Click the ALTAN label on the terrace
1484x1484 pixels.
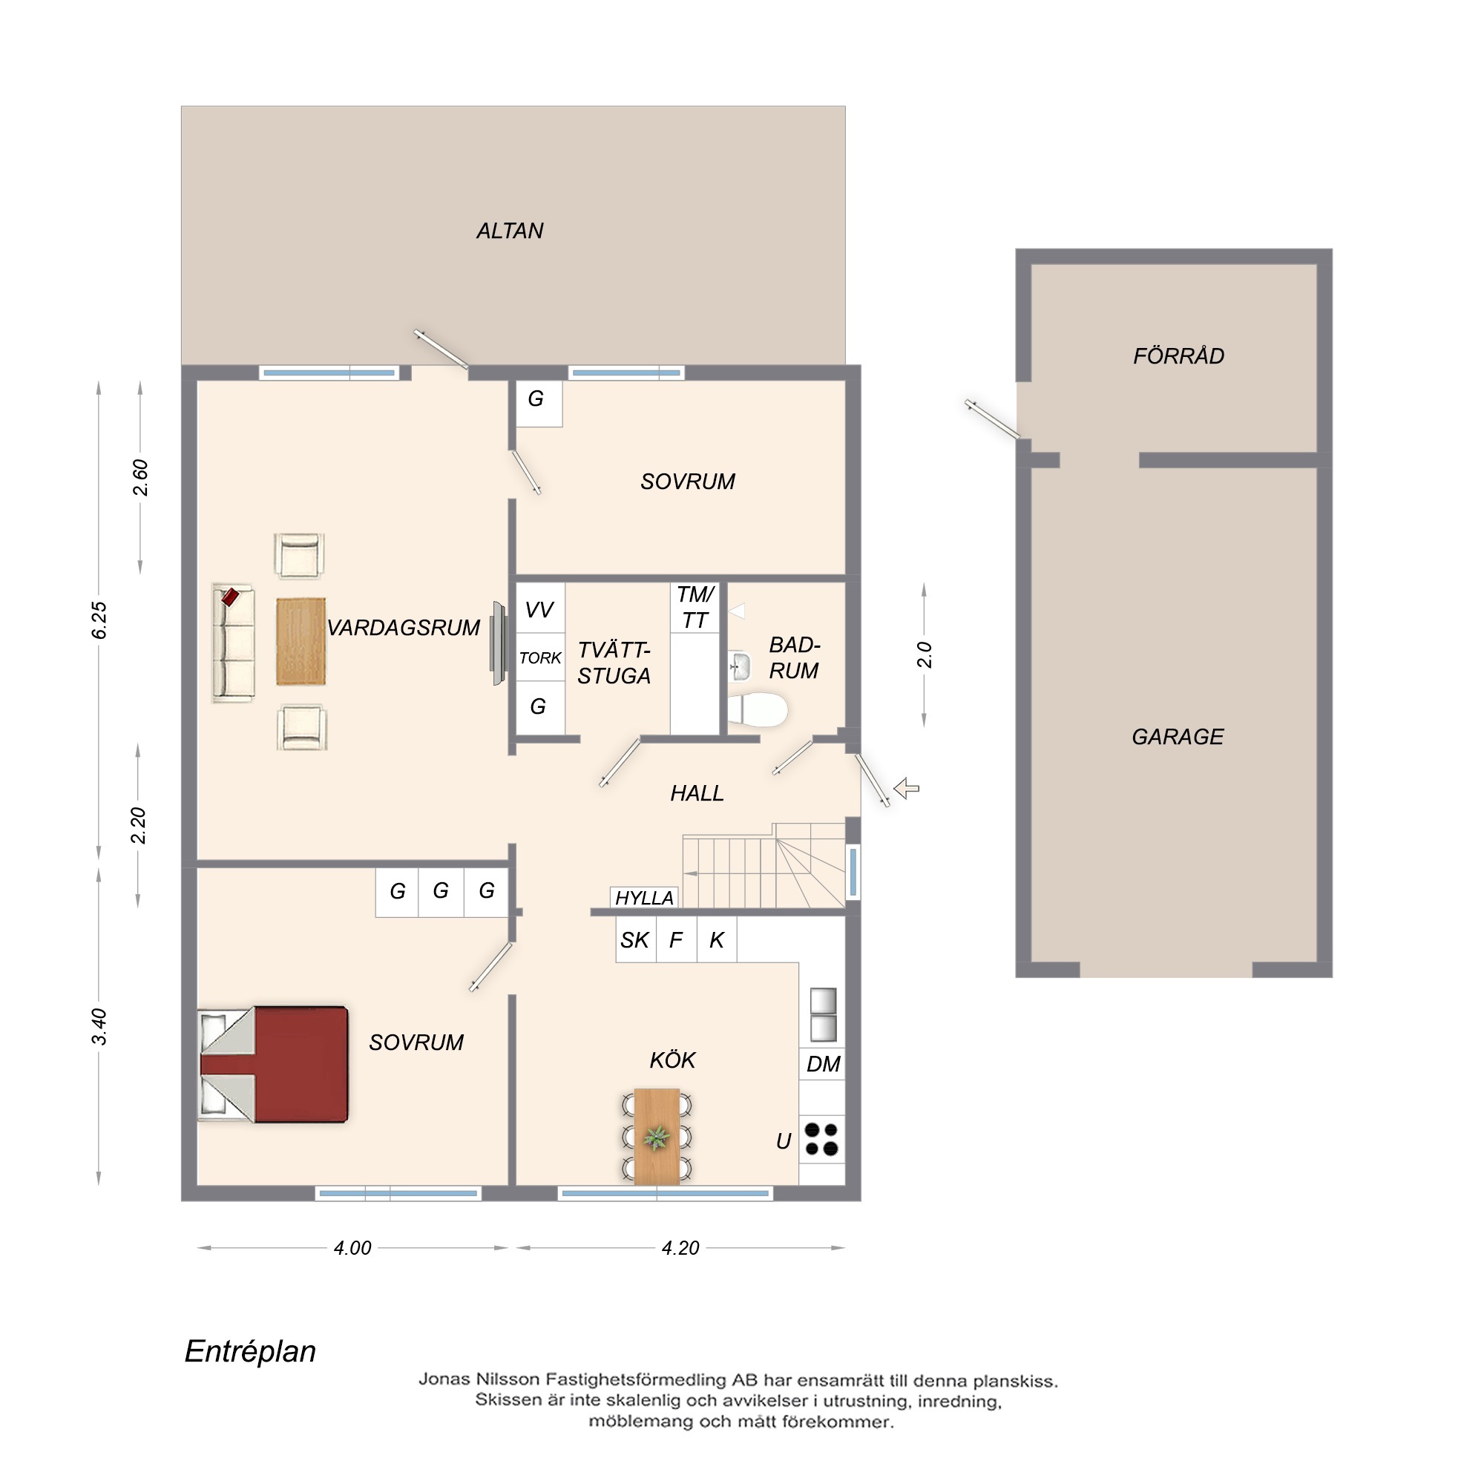coord(510,232)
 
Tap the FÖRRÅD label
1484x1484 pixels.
coord(1178,355)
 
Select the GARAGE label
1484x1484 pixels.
coord(1178,737)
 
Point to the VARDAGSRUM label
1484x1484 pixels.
coord(403,628)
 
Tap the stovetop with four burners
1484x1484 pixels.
coord(821,1139)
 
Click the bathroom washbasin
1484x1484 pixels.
coord(739,666)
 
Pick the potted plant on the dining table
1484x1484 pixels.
coord(657,1137)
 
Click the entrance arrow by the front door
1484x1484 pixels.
coord(907,788)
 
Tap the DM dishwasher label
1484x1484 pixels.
coord(823,1064)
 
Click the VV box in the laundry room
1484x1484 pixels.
coord(540,608)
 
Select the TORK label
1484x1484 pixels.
coord(540,658)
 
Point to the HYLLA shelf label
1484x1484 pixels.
coord(645,898)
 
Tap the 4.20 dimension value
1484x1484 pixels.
coord(680,1248)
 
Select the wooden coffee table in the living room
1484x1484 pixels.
coord(301,642)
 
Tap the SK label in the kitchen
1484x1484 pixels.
coord(634,940)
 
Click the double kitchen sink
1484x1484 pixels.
coord(823,1014)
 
